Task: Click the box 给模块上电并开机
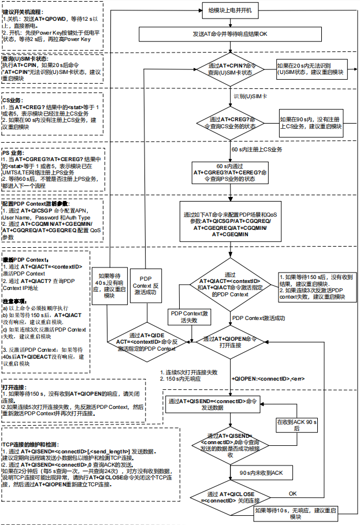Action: [x=230, y=10]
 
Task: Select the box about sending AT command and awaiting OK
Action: [x=230, y=34]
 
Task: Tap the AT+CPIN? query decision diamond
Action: [x=230, y=69]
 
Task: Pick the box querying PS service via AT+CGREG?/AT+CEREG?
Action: [x=230, y=172]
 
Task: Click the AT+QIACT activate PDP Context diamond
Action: [x=230, y=285]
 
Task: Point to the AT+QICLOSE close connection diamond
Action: [x=230, y=498]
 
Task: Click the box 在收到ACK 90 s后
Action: [x=297, y=426]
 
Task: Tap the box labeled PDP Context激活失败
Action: [x=191, y=316]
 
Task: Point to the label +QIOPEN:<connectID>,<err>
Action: [x=261, y=378]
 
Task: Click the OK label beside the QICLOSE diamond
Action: [x=292, y=494]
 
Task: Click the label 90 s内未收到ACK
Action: [x=261, y=472]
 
